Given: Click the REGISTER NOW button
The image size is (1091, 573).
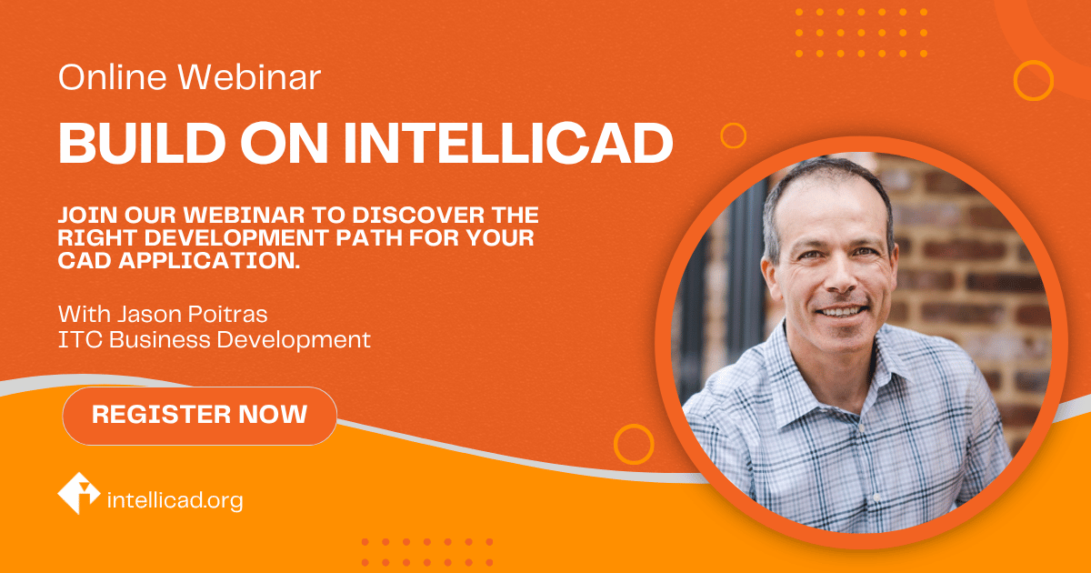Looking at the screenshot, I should (x=199, y=416).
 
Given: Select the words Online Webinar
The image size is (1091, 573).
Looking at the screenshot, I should (x=189, y=78).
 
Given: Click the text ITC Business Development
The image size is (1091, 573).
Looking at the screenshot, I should (x=215, y=340).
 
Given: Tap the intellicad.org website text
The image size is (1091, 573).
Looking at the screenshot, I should (x=175, y=500).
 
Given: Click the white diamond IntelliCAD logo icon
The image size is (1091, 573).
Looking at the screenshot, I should (x=79, y=493).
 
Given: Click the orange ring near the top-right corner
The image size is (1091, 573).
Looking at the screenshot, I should (x=1033, y=80).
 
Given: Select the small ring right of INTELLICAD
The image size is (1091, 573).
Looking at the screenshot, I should (x=733, y=136).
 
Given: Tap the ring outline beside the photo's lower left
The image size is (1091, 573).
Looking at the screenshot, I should (x=634, y=444).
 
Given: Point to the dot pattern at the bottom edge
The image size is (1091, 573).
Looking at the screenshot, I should (x=426, y=552).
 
